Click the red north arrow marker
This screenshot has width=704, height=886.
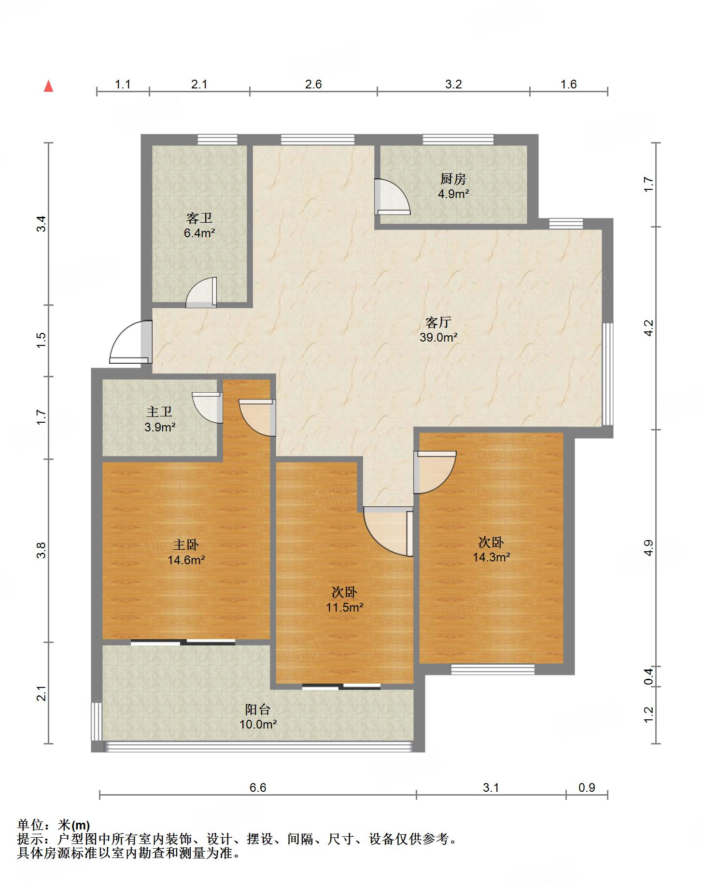(48, 86)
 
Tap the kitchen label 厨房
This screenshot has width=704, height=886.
(452, 179)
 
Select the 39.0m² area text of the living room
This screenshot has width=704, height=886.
(438, 337)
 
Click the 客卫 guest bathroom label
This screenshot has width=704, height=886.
(199, 218)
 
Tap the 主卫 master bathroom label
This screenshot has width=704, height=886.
(159, 412)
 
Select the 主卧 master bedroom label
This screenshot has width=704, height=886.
(186, 545)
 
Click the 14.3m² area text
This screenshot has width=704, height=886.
(491, 557)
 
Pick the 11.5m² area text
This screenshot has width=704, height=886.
(344, 607)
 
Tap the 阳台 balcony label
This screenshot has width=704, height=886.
(257, 710)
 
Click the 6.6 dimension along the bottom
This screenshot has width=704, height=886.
(257, 788)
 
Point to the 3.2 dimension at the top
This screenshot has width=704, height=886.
(453, 85)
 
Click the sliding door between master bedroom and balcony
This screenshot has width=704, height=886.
(183, 642)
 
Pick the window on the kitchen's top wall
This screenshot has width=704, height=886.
(458, 139)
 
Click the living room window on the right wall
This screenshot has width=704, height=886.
(608, 374)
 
